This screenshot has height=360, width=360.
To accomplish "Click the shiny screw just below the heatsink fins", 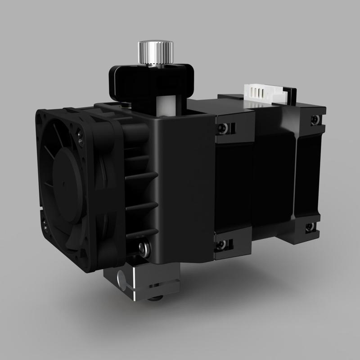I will click(143, 247).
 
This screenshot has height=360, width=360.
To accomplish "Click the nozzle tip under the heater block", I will click(155, 298).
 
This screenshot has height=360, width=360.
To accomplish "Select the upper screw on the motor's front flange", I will click(222, 128).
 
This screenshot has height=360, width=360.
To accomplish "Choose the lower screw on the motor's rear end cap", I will click(310, 227).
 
